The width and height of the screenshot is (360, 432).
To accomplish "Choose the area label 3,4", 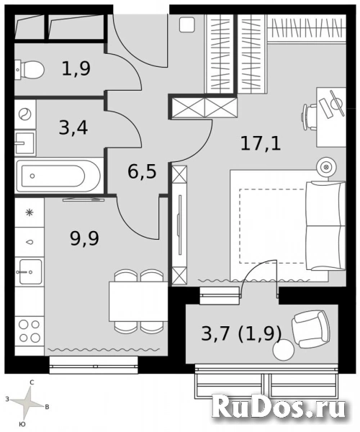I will coord(73,130).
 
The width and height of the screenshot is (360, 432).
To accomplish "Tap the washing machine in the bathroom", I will coord(25,114).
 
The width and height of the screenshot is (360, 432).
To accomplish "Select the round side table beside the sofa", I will coord(326,167).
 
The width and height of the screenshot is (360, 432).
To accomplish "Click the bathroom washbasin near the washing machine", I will coord(24,143).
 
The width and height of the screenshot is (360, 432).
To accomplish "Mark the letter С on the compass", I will coord(32,383).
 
